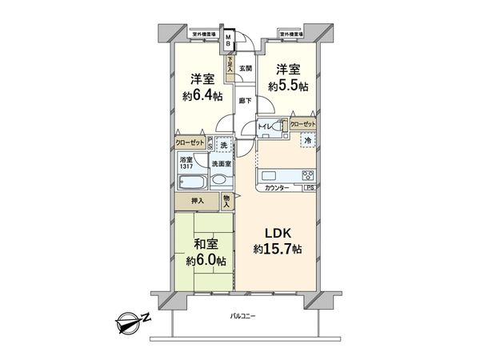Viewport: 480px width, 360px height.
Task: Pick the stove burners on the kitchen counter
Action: click(x=307, y=176)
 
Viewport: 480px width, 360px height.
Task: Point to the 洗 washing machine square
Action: click(x=224, y=146)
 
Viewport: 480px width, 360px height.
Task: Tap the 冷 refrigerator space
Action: click(x=307, y=141)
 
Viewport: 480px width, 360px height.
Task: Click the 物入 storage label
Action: click(x=227, y=201)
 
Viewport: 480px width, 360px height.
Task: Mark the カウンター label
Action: click(x=276, y=188)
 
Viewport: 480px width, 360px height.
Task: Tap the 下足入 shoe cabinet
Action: click(x=229, y=64)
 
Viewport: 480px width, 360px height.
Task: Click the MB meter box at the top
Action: click(x=229, y=38)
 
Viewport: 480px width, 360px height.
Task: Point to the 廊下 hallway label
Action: click(x=246, y=100)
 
